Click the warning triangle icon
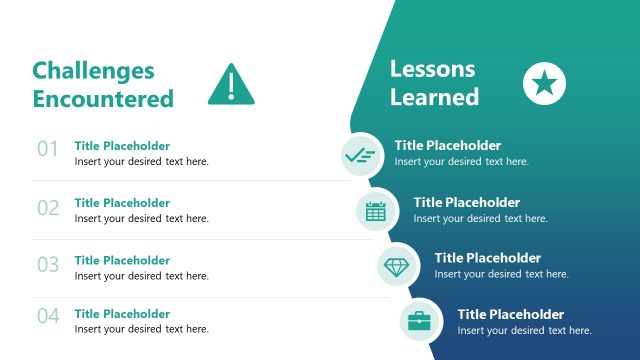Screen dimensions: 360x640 click(231, 86)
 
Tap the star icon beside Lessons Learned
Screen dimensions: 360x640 click(544, 83)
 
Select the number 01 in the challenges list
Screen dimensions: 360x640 click(48, 150)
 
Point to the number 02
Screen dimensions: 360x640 click(48, 208)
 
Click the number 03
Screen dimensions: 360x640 click(48, 265)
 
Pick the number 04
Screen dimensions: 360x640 click(48, 317)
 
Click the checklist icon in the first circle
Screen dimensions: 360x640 click(359, 154)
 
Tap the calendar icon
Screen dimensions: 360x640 click(376, 210)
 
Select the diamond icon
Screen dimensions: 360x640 click(396, 266)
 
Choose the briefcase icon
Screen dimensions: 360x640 click(419, 321)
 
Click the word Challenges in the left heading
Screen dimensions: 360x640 click(94, 70)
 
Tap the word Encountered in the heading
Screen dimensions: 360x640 click(103, 98)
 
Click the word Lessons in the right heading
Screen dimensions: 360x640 click(432, 69)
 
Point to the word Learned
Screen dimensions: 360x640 click(434, 97)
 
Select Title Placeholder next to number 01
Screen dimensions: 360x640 click(122, 145)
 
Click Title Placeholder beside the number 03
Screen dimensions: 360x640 click(122, 260)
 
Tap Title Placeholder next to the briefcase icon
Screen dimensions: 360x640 click(511, 314)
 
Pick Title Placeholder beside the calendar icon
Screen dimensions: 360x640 click(467, 202)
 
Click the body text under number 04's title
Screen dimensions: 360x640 click(142, 329)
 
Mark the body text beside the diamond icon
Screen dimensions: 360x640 click(501, 274)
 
